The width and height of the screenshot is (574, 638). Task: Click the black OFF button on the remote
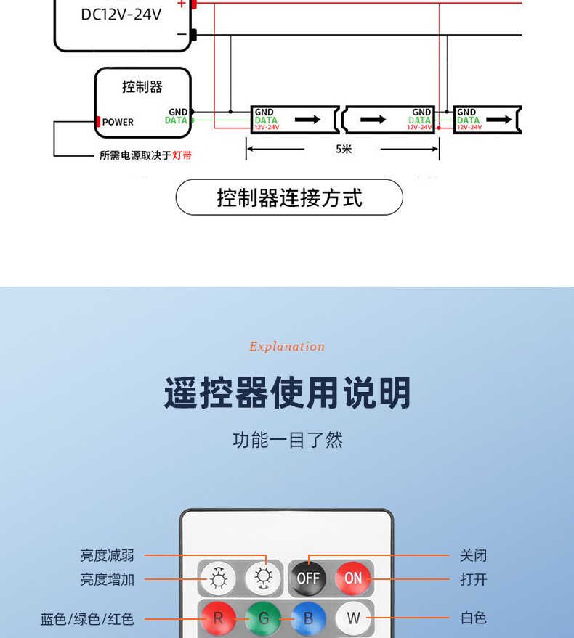[308, 578]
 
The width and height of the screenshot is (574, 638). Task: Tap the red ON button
[353, 578]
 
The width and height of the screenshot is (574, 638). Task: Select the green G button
[263, 618]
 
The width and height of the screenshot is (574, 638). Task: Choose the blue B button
[308, 618]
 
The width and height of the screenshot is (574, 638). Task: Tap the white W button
[353, 618]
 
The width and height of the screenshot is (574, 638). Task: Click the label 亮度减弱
[107, 556]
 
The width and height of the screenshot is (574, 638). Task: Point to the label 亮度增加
[107, 579]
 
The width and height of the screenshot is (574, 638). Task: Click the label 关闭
[473, 556]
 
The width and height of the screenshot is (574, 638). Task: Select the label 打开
[473, 579]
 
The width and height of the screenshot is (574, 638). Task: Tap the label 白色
[473, 618]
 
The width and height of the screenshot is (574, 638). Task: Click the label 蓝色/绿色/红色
[87, 619]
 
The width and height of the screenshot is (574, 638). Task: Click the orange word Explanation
[287, 347]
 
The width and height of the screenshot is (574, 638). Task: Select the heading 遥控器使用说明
[288, 393]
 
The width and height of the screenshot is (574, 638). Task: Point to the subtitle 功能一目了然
[288, 440]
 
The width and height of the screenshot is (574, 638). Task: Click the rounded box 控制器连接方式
[289, 197]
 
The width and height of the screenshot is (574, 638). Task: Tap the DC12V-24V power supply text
[121, 15]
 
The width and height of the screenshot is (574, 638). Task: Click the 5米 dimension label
[344, 150]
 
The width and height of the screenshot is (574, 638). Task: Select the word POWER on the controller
[118, 122]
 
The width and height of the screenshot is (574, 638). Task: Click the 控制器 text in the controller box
[142, 87]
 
